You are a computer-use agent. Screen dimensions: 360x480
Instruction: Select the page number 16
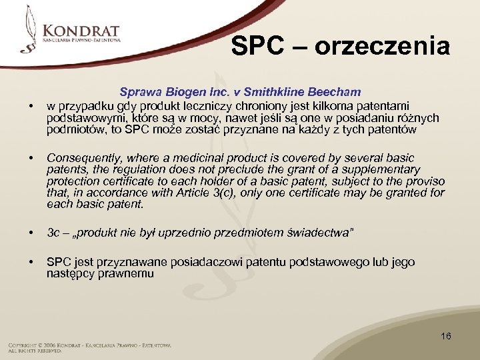(446, 336)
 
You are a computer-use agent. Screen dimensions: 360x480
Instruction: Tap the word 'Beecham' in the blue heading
(336, 92)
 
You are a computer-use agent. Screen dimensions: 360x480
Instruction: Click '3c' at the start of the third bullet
(53, 232)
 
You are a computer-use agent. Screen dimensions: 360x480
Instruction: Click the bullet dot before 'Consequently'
(29, 159)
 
